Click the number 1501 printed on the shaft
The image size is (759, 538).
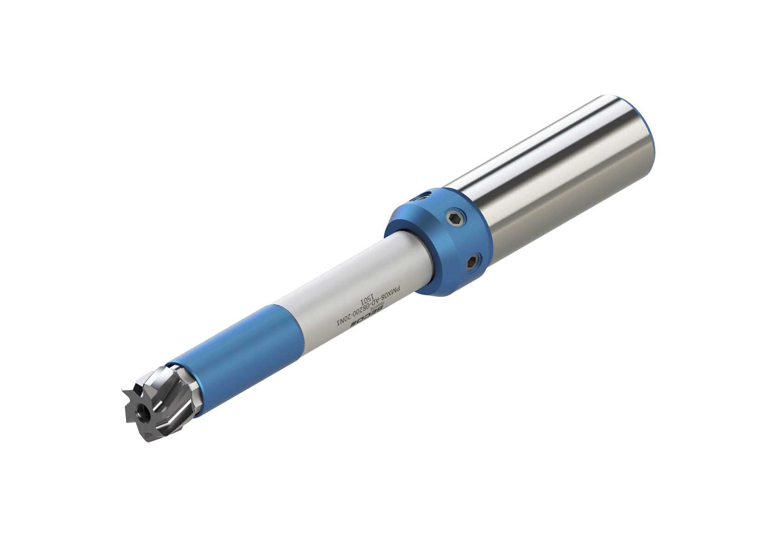click(371, 303)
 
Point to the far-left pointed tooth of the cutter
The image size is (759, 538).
click(125, 391)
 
